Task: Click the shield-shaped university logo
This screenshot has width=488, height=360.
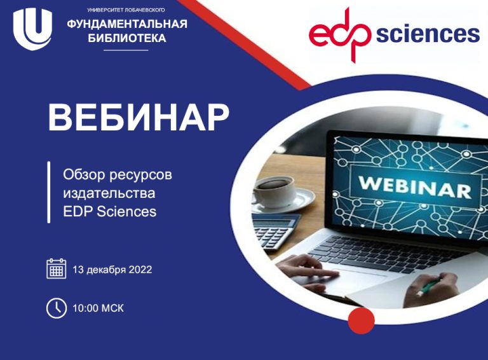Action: click(32, 29)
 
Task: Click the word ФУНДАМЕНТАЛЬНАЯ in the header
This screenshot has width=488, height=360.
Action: click(127, 25)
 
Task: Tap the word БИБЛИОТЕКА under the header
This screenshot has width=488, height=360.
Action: click(127, 38)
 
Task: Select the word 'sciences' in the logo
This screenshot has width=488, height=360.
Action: click(427, 34)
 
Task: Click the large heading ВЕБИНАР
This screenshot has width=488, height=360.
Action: click(139, 118)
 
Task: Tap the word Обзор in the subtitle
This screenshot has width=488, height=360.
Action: click(81, 174)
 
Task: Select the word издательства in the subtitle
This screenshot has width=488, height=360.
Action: click(109, 193)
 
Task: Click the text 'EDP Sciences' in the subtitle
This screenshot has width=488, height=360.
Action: click(109, 211)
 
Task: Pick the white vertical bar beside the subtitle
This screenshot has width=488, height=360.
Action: click(49, 192)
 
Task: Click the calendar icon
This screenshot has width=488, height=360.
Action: click(57, 268)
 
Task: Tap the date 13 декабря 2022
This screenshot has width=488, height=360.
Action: click(112, 270)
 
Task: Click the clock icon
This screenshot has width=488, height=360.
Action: click(57, 308)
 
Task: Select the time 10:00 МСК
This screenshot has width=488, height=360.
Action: click(98, 308)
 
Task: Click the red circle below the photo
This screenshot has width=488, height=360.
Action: click(362, 320)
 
